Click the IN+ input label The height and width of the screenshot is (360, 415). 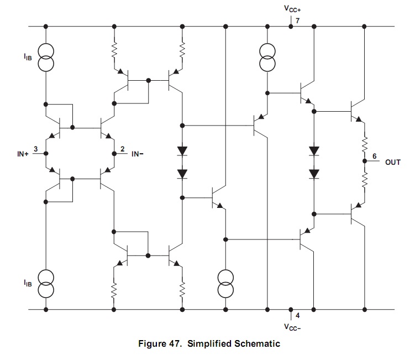(x=23, y=154)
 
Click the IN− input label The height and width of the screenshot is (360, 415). (x=138, y=154)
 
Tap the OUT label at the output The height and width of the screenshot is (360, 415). (x=393, y=162)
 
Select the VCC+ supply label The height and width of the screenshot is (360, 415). (x=292, y=9)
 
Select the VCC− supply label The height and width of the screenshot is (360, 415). (x=292, y=327)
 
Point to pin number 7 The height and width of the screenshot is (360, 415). (x=297, y=20)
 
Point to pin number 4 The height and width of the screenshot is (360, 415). (x=297, y=316)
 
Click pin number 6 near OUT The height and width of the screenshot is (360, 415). (x=374, y=156)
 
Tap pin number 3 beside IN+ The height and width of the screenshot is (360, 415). (x=36, y=149)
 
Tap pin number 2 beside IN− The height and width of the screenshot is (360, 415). (x=122, y=149)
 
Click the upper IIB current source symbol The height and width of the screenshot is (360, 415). (x=46, y=58)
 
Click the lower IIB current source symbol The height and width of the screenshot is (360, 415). (x=46, y=284)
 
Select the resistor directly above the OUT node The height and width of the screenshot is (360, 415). (x=365, y=145)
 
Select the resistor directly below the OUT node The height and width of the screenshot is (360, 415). (x=365, y=180)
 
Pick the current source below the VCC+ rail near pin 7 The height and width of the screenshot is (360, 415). (x=267, y=58)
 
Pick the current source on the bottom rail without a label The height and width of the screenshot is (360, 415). (x=225, y=284)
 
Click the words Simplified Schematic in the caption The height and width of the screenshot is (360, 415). (x=234, y=343)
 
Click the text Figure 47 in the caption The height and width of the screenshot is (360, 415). (x=160, y=343)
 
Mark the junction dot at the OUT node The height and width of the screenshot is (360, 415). (x=365, y=161)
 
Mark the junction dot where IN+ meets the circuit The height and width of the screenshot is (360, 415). (x=46, y=153)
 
